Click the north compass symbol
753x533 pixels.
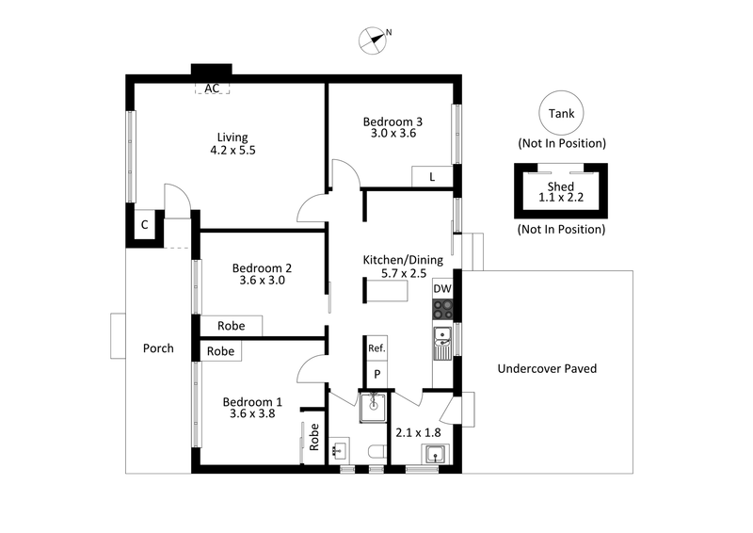click(375, 39)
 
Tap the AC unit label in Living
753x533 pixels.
click(213, 89)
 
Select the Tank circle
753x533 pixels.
click(561, 114)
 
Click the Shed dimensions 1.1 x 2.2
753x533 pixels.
click(560, 199)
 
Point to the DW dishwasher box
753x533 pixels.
click(442, 289)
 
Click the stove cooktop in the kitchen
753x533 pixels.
click(442, 309)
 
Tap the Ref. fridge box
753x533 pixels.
click(376, 348)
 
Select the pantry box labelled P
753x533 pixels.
click(376, 374)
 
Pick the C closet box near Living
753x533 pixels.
click(145, 225)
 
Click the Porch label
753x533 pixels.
click(158, 348)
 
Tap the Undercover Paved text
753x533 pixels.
click(547, 368)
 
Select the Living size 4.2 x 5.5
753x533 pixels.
click(232, 150)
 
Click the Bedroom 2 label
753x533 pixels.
click(259, 267)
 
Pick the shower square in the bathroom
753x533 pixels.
click(374, 405)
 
